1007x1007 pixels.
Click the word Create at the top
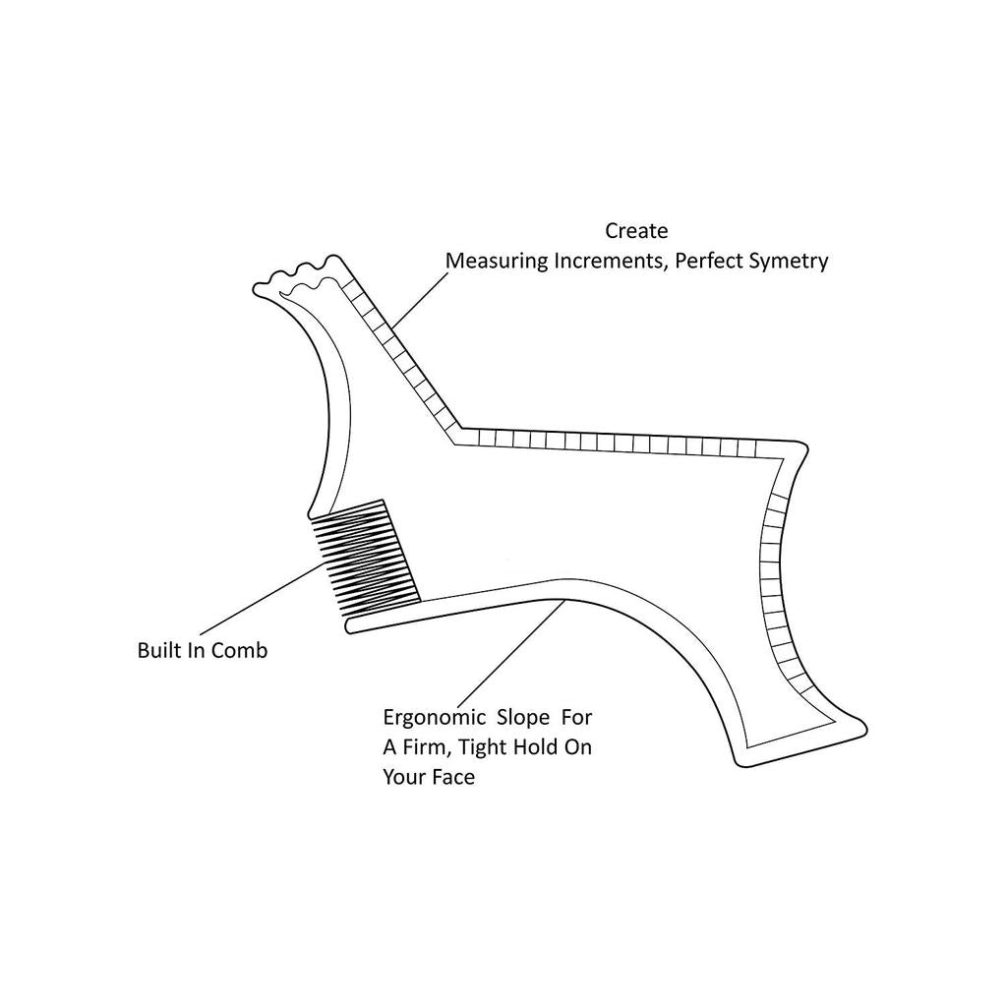click(636, 230)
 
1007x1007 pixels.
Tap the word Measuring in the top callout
click(497, 262)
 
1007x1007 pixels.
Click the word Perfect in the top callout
click(706, 261)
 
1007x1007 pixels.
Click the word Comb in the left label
click(240, 651)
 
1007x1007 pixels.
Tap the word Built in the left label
click(160, 651)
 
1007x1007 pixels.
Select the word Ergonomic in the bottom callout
click(434, 717)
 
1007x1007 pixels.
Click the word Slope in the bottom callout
click(526, 717)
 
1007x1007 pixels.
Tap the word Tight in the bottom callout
click(481, 748)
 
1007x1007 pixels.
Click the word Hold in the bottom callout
click(533, 747)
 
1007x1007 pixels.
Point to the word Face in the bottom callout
click(453, 778)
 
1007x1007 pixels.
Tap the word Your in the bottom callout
click(404, 778)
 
